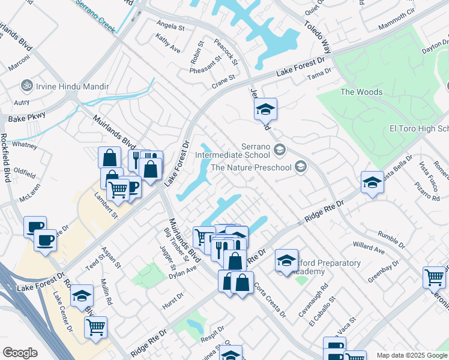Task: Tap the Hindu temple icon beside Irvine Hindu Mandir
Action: point(26,85)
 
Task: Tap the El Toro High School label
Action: point(419,129)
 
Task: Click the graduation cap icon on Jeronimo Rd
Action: point(265,109)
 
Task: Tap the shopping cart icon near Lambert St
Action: point(118,189)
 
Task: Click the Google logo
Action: point(20,353)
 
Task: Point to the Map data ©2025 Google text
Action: point(411,355)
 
